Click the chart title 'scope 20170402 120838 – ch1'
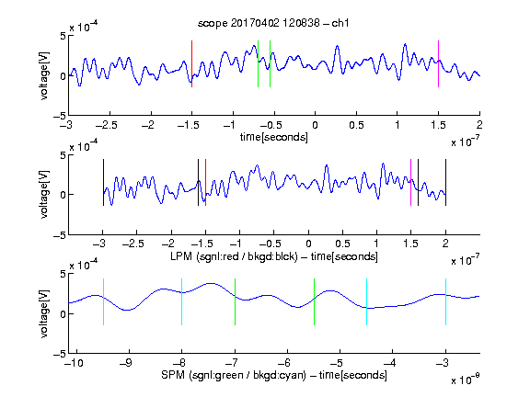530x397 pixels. click(x=273, y=23)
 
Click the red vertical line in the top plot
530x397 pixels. click(x=191, y=63)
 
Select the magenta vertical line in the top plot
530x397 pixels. click(x=438, y=63)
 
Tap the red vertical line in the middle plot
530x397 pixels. click(x=205, y=182)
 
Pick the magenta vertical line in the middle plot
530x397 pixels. click(x=410, y=182)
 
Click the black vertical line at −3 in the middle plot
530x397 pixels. click(x=103, y=182)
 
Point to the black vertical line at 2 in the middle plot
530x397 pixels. click(x=445, y=182)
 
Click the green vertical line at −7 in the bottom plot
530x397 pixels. click(x=235, y=301)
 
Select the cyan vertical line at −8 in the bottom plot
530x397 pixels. click(x=182, y=301)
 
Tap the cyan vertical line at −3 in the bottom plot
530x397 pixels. click(x=445, y=301)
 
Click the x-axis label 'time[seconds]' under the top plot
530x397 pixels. click(x=274, y=138)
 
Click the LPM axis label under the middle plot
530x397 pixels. click(x=274, y=256)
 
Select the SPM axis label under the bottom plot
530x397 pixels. click(x=274, y=375)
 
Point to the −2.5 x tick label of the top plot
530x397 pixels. click(x=107, y=125)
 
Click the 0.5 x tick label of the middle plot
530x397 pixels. click(x=342, y=244)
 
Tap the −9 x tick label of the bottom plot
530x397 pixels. click(x=126, y=363)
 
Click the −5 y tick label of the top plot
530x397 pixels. click(x=60, y=116)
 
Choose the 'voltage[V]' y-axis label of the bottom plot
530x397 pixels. click(x=44, y=313)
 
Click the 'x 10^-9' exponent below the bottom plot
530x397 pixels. click(x=465, y=379)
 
